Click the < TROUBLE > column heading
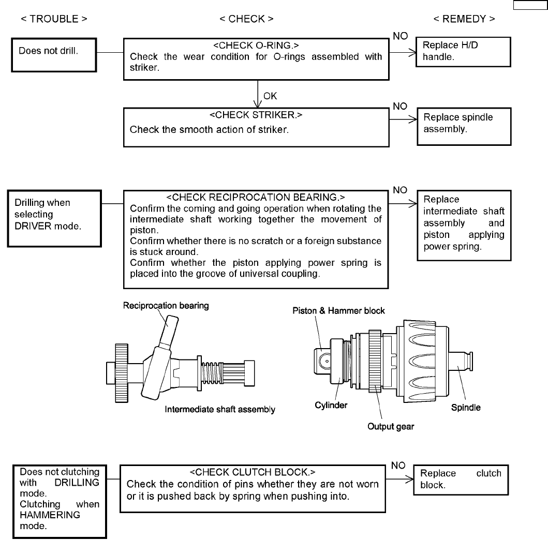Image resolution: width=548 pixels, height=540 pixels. [x=54, y=19]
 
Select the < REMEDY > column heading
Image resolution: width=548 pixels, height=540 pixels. [x=464, y=19]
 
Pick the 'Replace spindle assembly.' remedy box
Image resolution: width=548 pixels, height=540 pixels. [x=463, y=126]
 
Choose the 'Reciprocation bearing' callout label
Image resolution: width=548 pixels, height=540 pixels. [x=166, y=306]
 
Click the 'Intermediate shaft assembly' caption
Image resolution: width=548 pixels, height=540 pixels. [x=220, y=410]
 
